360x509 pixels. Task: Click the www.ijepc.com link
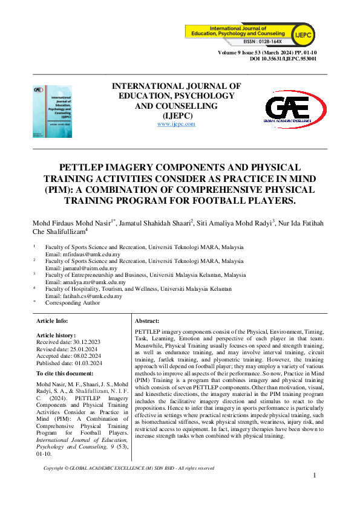tap(176, 124)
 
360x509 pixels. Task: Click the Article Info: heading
tap(53, 320)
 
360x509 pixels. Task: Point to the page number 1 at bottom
tap(315, 476)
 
